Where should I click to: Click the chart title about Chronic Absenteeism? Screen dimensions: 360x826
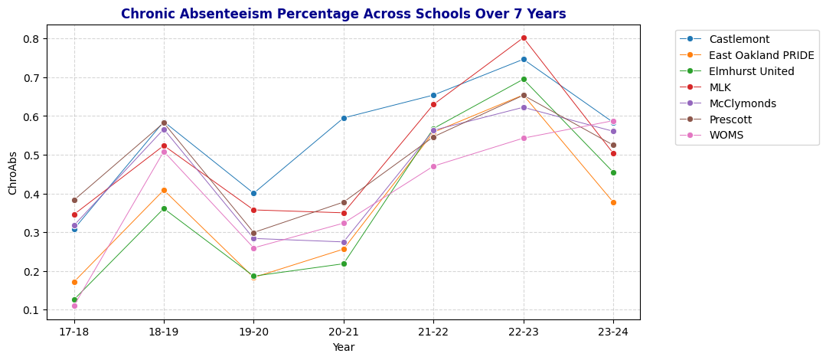point(343,14)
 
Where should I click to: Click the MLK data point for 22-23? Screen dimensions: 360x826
point(524,38)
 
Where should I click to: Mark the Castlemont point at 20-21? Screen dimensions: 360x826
point(344,118)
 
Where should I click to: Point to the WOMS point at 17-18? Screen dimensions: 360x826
point(74,306)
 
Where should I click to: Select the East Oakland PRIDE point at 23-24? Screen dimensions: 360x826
point(613,202)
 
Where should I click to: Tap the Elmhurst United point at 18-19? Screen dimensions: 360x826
point(164,208)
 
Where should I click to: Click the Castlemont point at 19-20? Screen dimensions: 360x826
point(253,193)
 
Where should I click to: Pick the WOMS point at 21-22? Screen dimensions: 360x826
point(433,166)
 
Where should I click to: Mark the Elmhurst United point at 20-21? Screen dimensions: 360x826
point(344,263)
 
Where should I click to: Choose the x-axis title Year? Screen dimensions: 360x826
point(343,347)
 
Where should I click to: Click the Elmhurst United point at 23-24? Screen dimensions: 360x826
point(613,172)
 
